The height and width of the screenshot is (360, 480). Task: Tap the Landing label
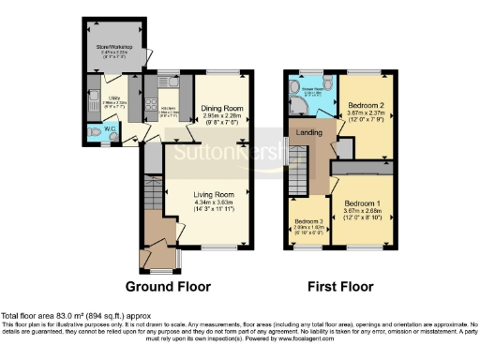pos(310,134)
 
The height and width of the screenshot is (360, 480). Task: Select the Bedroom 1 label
pos(362,202)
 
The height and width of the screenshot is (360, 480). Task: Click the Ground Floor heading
pos(168,286)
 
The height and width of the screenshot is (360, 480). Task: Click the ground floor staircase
pos(153,198)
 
